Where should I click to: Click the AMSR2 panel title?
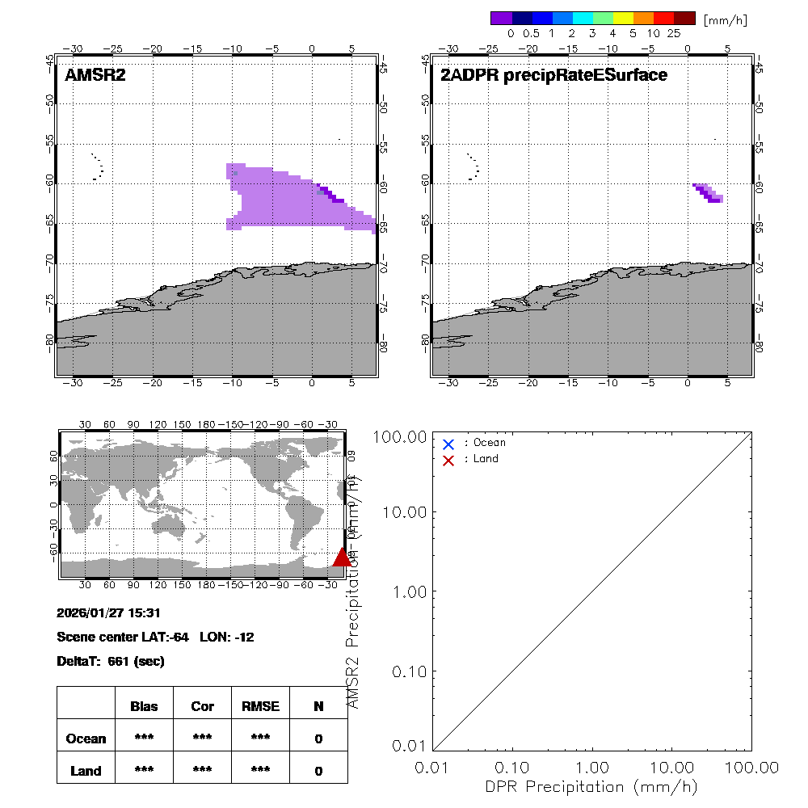coord(95,75)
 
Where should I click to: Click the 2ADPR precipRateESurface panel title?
coord(553,75)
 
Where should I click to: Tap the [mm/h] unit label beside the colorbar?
coord(725,19)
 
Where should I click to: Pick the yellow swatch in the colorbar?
coord(623,18)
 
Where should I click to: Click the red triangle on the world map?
coord(342,558)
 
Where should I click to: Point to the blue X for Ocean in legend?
coord(448,444)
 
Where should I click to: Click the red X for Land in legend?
coord(448,459)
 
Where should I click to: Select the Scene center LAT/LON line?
coord(155,637)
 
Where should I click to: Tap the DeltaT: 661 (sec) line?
coord(111,661)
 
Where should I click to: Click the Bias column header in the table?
coord(144,706)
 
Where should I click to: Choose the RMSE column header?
coord(260,706)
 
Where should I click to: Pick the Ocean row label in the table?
coord(86,739)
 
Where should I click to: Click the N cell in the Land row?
coord(318,771)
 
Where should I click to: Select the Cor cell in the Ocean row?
coord(202,739)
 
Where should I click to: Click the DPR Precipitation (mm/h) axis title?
coord(591,786)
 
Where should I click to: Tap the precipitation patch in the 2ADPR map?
coord(709,193)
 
